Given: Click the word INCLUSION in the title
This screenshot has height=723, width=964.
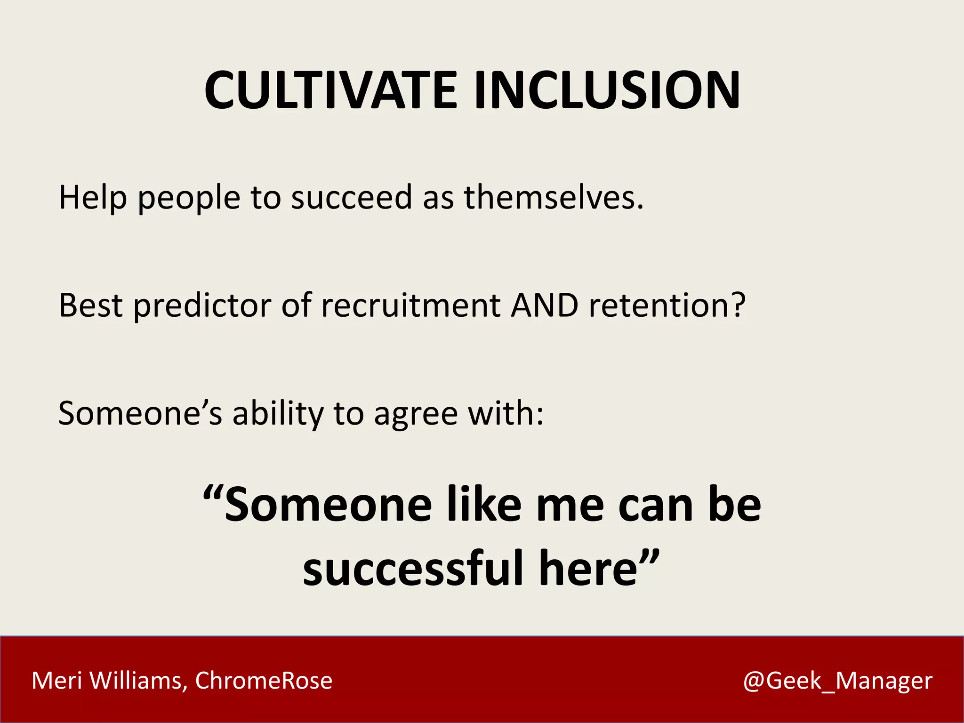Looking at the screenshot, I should (x=607, y=90).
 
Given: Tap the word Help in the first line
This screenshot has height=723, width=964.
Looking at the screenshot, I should (x=93, y=198).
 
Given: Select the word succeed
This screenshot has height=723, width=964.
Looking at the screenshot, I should (x=352, y=198).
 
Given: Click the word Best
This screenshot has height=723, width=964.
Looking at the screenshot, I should (x=90, y=306).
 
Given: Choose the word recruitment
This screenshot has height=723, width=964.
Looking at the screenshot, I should (x=410, y=306).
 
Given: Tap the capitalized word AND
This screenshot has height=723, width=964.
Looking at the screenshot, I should (x=545, y=306).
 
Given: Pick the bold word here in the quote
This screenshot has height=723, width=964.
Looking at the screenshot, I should (x=588, y=569).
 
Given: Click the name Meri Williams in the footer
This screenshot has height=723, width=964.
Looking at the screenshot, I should (x=106, y=681).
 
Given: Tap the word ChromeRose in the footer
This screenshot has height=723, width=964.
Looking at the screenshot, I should (x=264, y=681).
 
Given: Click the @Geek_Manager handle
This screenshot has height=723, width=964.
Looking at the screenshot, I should (x=837, y=681).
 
